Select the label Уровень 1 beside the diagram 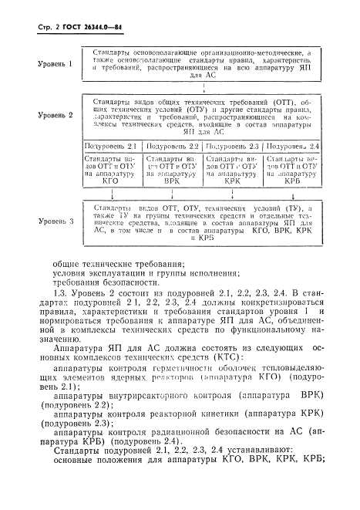[56, 64]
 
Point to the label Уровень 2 [56, 114]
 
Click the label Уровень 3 [56, 221]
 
